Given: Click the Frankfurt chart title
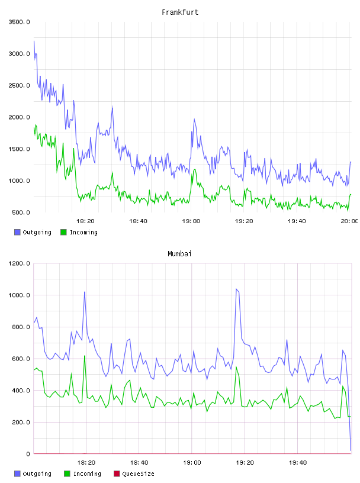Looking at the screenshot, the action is [x=180, y=12].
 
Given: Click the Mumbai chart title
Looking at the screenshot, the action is [x=179, y=254].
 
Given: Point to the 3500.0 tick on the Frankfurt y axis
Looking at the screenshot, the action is [x=19, y=22].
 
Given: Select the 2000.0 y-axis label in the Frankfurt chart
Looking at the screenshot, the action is [x=19, y=117].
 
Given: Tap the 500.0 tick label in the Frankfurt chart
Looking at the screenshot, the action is [x=21, y=212].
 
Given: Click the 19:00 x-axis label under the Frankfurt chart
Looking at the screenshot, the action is [x=191, y=221].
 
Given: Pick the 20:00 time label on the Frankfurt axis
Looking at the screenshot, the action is [x=349, y=221].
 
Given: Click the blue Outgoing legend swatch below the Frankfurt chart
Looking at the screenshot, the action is [x=17, y=232].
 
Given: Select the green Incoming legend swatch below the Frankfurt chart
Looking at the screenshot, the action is [x=63, y=232].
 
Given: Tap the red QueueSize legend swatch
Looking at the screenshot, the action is [x=117, y=474].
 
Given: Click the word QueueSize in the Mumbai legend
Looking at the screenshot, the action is [x=138, y=474].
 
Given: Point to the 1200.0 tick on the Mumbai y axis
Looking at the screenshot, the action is [x=19, y=263].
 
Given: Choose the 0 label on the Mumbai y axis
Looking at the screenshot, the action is [x=28, y=454].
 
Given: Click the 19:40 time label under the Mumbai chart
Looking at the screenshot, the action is [x=298, y=463].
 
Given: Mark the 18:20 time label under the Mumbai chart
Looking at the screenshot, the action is [x=86, y=463].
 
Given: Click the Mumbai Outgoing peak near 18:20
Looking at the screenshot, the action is [x=85, y=292].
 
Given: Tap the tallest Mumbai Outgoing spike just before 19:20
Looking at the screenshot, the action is [x=236, y=289].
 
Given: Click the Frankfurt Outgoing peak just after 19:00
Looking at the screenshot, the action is [x=194, y=119].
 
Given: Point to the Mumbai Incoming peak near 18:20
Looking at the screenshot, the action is [x=85, y=356].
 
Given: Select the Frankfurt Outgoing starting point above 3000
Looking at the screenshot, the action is [x=34, y=41].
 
